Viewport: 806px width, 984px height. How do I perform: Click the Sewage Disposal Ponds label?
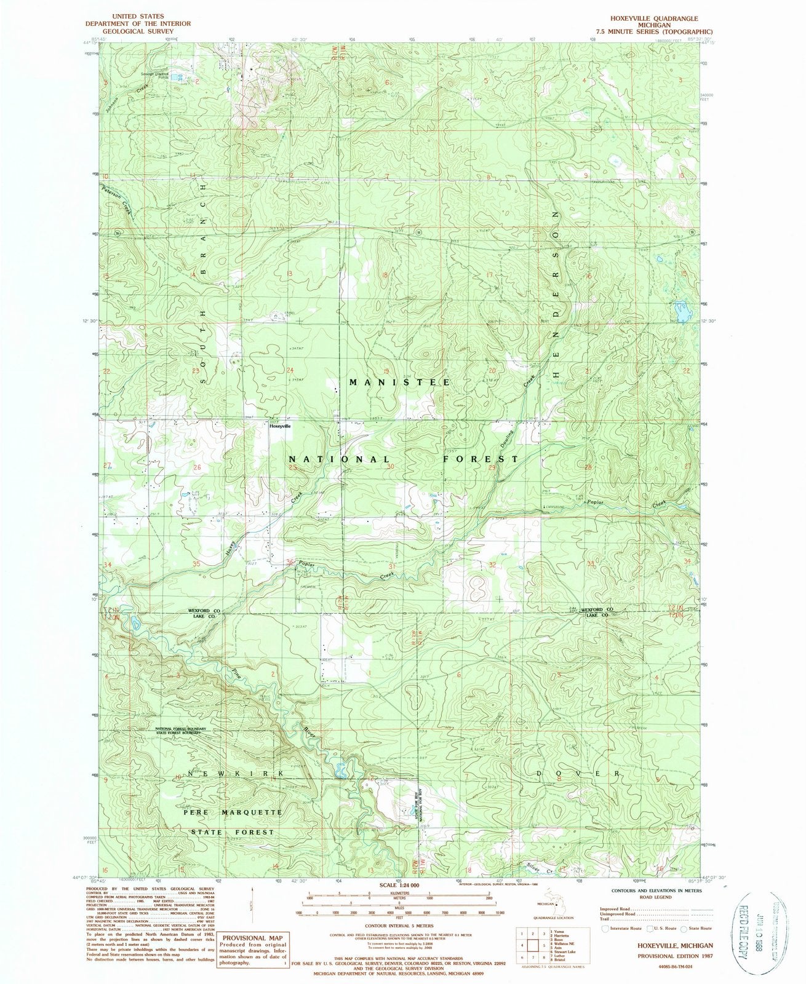(x=156, y=73)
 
